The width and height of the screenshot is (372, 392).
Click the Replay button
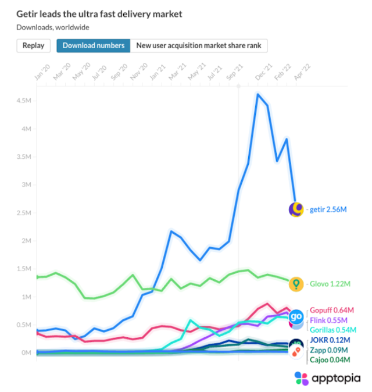click(x=34, y=45)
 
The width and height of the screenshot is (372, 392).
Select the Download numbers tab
click(x=93, y=45)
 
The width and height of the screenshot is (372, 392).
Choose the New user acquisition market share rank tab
click(x=199, y=45)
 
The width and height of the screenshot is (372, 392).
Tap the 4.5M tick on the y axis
click(x=24, y=101)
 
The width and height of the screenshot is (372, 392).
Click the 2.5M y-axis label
click(x=24, y=213)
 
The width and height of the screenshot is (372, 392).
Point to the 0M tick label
click(x=26, y=352)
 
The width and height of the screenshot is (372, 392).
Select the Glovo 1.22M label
click(x=330, y=283)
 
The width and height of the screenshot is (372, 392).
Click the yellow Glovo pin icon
click(x=296, y=283)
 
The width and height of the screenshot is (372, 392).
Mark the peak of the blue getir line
click(x=257, y=94)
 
